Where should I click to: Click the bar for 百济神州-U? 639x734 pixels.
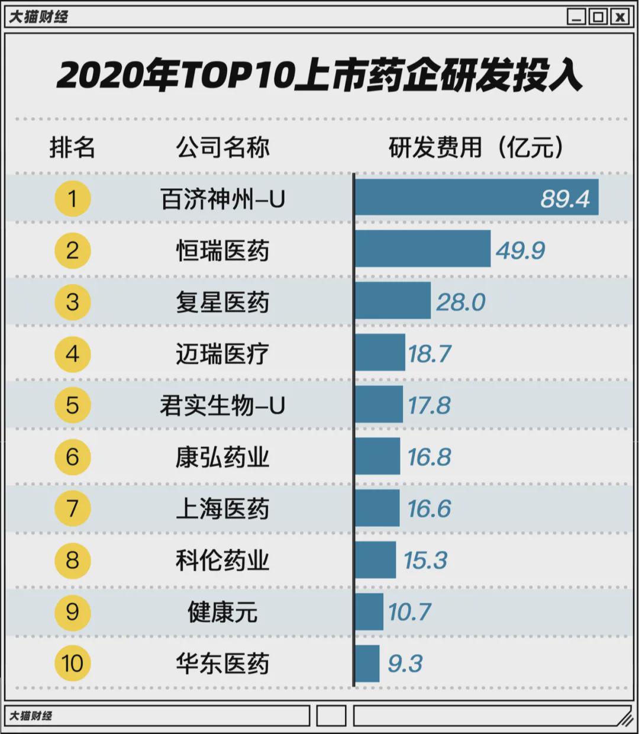(x=476, y=197)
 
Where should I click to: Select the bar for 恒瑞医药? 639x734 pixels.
(x=422, y=249)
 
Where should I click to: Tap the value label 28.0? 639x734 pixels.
(x=460, y=302)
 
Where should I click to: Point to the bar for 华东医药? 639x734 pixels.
(x=367, y=663)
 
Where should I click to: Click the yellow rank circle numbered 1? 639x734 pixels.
(x=72, y=198)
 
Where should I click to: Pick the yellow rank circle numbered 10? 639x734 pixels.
(x=72, y=663)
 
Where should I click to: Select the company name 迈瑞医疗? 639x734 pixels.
(x=222, y=354)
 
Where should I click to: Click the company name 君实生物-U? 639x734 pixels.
(x=222, y=405)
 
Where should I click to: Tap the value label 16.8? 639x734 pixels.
(x=429, y=457)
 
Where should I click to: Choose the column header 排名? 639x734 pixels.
(x=72, y=147)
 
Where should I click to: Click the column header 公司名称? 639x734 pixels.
(x=222, y=147)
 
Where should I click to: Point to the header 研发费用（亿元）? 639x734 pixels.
(x=476, y=147)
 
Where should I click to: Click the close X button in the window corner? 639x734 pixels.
(x=619, y=17)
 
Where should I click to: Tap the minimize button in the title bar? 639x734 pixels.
(x=576, y=17)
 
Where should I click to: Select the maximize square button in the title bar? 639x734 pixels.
(x=598, y=17)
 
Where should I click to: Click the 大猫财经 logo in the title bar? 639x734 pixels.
(x=38, y=17)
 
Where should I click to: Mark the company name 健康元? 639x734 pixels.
(x=222, y=611)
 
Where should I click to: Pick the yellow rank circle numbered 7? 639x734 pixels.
(x=72, y=508)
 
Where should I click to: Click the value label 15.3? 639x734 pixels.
(x=425, y=560)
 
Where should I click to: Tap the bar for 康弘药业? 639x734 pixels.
(x=377, y=456)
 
